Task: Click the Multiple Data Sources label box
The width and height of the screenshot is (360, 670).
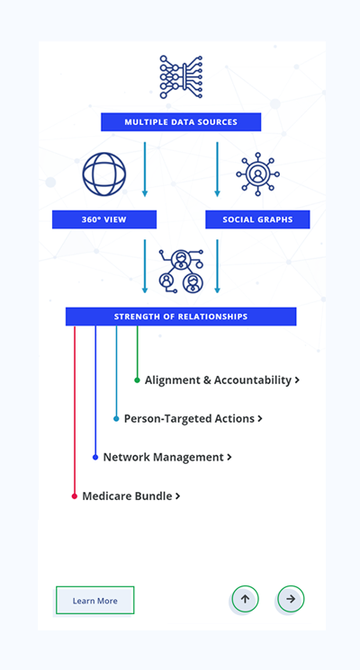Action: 181,122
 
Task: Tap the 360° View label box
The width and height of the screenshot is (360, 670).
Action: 104,219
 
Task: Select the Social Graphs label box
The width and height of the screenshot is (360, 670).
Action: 257,219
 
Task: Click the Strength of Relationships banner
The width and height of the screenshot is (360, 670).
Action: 181,317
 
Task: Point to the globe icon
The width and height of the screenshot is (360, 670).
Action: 104,174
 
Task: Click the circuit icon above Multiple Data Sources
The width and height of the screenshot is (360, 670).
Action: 181,77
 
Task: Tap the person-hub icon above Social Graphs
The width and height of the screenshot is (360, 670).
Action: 257,174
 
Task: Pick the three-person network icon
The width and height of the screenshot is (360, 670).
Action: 181,272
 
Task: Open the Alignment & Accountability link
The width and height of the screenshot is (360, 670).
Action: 222,380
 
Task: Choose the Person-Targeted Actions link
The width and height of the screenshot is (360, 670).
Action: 193,419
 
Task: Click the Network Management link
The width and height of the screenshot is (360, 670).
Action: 167,457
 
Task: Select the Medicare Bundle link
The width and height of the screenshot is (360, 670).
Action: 131,496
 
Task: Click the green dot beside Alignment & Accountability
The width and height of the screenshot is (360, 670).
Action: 137,380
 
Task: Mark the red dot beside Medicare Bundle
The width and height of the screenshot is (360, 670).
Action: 75,496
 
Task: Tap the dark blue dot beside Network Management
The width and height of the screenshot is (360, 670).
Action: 95,457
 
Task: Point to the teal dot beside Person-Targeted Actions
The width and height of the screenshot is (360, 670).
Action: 116,419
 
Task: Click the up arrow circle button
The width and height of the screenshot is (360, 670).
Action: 245,599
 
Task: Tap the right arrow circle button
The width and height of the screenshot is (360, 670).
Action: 291,599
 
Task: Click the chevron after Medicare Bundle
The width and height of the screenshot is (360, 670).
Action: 178,496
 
